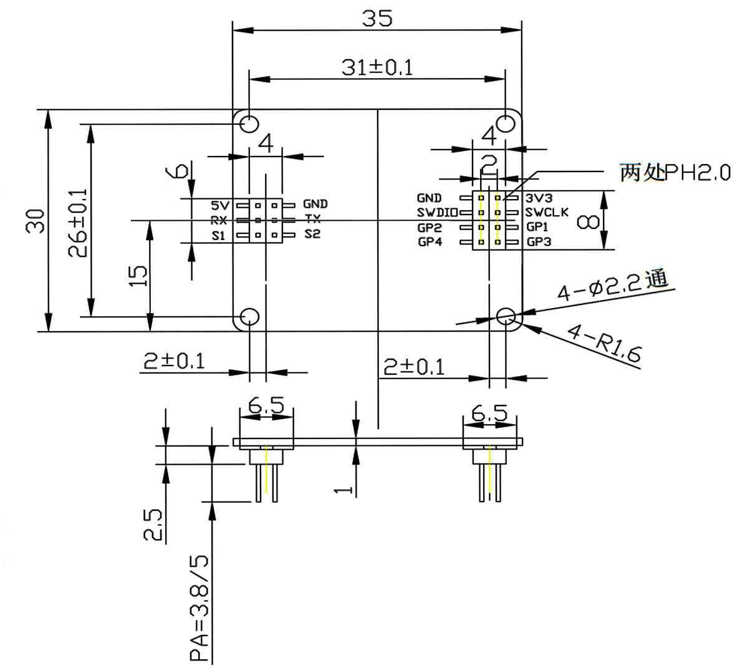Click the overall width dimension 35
coord(377,19)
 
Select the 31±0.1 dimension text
coord(377,67)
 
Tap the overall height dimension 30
coord(36,221)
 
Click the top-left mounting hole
coord(249,124)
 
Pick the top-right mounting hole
coord(506,123)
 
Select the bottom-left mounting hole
coord(249,317)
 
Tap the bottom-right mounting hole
coord(506,316)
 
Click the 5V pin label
coord(220,205)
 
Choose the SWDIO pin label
coord(438,213)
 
